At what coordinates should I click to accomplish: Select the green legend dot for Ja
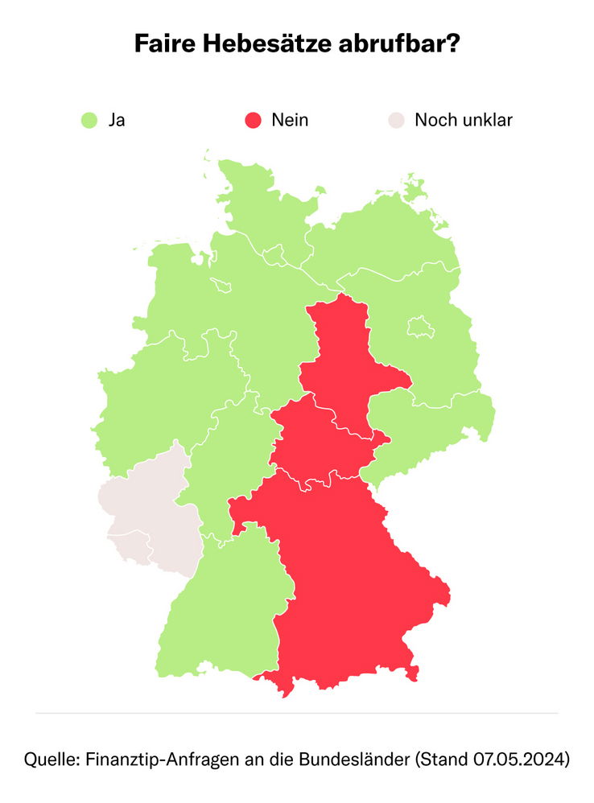click(x=89, y=121)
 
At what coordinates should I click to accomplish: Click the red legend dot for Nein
click(x=253, y=121)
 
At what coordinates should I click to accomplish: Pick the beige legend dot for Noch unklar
click(x=395, y=121)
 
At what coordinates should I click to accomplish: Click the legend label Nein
click(x=290, y=121)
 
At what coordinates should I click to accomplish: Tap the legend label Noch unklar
click(x=464, y=121)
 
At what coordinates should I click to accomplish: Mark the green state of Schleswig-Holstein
click(x=258, y=209)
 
